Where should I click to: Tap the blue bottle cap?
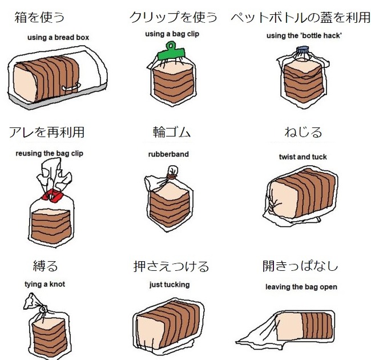click(303, 50)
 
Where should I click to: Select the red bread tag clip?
click(52, 195)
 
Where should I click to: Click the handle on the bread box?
click(71, 87)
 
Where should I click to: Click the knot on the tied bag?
click(43, 309)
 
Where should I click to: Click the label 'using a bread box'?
click(58, 37)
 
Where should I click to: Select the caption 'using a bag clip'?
click(172, 34)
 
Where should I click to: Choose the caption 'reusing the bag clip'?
click(50, 154)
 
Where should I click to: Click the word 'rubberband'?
click(168, 154)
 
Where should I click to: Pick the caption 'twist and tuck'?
click(303, 157)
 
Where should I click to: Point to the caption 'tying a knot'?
click(45, 284)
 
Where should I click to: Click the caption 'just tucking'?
click(170, 285)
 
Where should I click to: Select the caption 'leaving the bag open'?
click(301, 287)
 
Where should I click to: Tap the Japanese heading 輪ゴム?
click(172, 132)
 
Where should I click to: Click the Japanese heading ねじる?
click(303, 132)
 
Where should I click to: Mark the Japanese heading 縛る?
click(46, 266)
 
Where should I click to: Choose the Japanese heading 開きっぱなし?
click(300, 266)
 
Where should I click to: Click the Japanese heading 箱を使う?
click(39, 17)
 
